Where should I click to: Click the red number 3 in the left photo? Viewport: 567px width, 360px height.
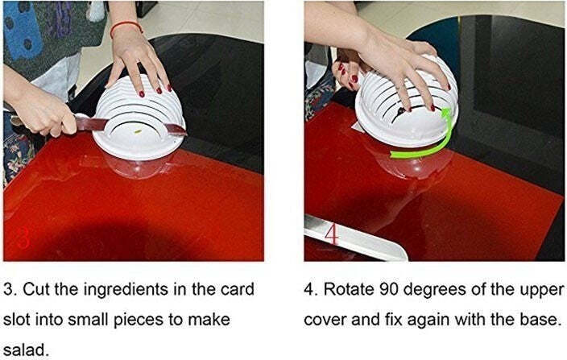click(x=23, y=236)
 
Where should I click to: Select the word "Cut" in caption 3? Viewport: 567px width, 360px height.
click(x=37, y=289)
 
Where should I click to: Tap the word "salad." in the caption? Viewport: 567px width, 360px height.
click(x=26, y=350)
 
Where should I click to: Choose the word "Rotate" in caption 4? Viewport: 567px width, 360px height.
click(x=349, y=289)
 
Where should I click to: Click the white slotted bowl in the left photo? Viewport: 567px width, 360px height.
click(x=139, y=119)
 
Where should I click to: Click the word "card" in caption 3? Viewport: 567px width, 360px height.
click(x=238, y=289)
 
